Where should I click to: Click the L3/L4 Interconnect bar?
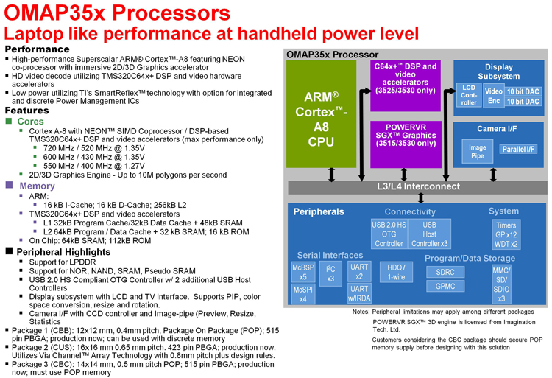417,187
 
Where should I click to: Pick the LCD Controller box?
469,96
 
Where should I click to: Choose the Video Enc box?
493,96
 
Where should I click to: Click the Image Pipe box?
478,152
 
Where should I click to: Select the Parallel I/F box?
519,149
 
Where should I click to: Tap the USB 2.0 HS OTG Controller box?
389,234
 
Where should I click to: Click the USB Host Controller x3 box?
430,234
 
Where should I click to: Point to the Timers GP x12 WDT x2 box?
506,234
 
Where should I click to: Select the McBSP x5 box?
303,271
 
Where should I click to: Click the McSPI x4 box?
303,294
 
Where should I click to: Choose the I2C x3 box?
331,273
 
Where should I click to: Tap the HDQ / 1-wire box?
395,272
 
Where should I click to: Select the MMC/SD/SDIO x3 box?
501,284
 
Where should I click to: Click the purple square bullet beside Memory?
10,186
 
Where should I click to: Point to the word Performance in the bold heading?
38,49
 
